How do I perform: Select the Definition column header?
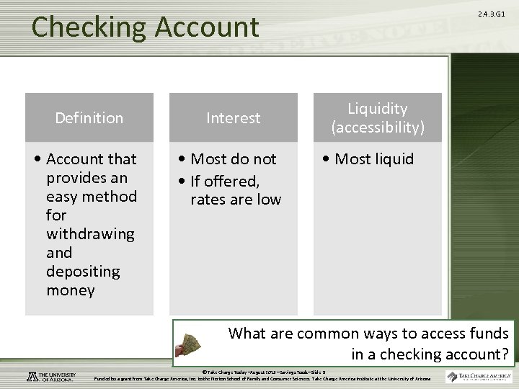89,117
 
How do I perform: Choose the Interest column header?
234,117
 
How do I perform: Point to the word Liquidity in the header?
378,108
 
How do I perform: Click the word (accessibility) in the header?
378,128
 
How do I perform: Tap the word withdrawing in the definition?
90,233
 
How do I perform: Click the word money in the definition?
70,290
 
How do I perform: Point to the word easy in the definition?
61,196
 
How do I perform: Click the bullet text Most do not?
233,158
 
